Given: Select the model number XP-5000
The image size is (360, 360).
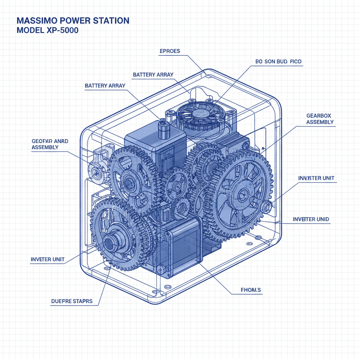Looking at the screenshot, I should pos(62,31).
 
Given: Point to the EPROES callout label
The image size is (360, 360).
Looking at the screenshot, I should pos(170,51).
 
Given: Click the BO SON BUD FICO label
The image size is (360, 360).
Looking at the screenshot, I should pos(278,62).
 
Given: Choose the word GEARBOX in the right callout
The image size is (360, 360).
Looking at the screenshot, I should pos(319,116).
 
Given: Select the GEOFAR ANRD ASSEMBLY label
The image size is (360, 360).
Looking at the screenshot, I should pos(50,144).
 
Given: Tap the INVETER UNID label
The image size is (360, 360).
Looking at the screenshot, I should pos(311,219).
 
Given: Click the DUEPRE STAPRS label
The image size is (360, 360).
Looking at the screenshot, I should pos(72,301).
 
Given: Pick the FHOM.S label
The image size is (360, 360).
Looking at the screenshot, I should pos(251,290).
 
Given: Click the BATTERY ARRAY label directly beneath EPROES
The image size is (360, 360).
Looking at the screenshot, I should pos(153,75).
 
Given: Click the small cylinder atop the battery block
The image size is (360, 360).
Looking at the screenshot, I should pos(163,129).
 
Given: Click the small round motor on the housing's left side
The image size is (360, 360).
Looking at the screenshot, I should pos(96,173).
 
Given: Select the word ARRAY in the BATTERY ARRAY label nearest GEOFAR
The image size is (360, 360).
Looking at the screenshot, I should pos(115,86).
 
